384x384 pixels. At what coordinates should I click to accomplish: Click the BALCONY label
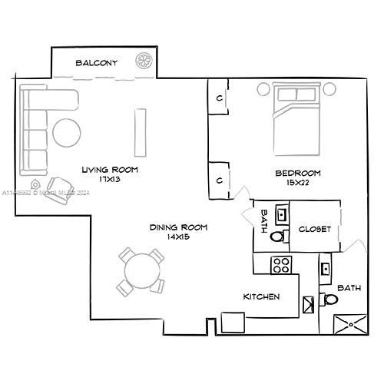point(96,63)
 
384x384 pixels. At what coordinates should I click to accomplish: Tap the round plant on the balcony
point(144,61)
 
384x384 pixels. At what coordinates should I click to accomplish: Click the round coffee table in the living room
point(68,132)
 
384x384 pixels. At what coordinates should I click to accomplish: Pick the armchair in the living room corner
point(58,188)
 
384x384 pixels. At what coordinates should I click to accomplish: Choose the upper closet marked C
point(219,98)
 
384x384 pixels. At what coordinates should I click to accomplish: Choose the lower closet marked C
point(219,180)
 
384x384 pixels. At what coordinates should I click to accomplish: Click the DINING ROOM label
point(178,227)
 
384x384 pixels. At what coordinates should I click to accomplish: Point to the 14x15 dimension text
point(178,237)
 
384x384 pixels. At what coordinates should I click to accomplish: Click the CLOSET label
point(314,229)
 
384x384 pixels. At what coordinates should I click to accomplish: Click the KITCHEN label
point(261,296)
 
